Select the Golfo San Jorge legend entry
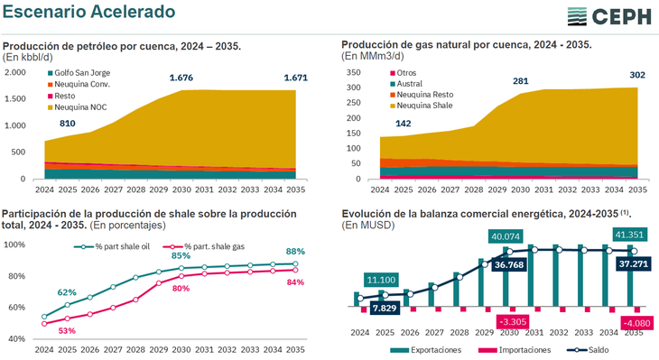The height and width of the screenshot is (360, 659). (x=79, y=72)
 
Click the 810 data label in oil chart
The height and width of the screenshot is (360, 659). (x=67, y=123)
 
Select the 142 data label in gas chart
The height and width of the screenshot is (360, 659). (x=404, y=125)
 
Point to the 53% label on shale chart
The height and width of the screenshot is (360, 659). (x=68, y=330)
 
